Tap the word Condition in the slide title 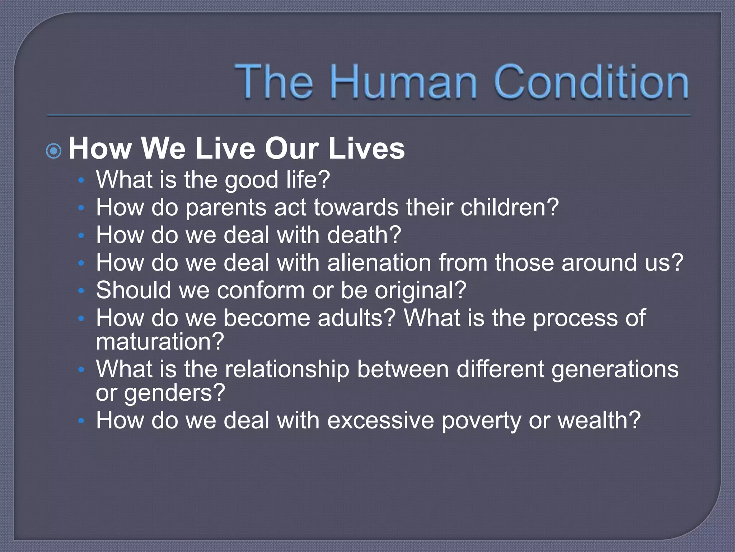[591, 82]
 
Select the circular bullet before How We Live [54, 151]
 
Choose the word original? [420, 290]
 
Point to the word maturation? [160, 341]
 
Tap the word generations [615, 369]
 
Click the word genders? [174, 392]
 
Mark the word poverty [481, 420]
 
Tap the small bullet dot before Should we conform [81, 290]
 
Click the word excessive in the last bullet [380, 420]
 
